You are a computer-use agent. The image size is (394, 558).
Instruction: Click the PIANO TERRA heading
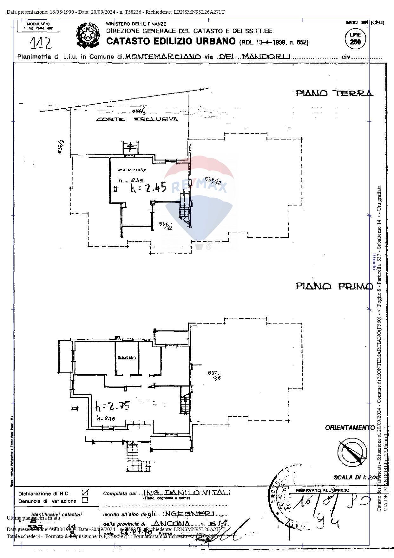(x=334, y=93)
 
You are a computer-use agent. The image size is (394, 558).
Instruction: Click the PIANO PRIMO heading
(x=334, y=286)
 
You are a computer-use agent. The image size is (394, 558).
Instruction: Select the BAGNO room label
(x=127, y=358)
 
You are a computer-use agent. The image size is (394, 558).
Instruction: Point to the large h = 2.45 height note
(x=148, y=188)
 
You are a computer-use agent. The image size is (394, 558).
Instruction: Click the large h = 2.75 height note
(x=112, y=406)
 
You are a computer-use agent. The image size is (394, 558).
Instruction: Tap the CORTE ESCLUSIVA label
(x=137, y=119)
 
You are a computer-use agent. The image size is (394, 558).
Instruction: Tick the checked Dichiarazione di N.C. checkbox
(x=85, y=493)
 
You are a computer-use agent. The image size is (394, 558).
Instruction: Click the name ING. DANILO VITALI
(x=187, y=492)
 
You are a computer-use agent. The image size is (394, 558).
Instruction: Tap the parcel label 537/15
(x=214, y=375)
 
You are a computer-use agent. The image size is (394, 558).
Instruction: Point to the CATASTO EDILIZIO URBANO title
(x=171, y=41)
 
